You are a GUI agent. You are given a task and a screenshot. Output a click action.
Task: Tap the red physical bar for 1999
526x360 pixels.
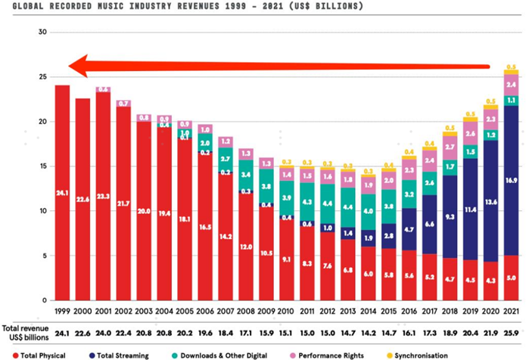coord(62,193)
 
